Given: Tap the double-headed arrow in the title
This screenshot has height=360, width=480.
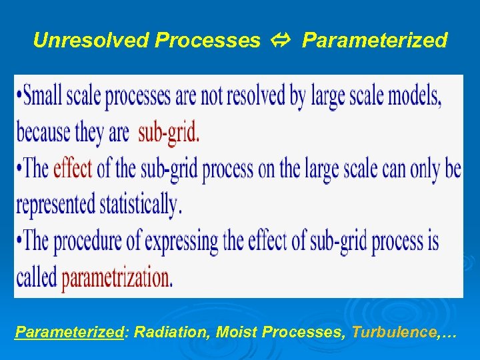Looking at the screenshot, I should coord(281,41).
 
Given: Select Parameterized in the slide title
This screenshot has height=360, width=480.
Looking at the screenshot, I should coord(375,41).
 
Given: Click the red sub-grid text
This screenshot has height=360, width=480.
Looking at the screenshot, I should coord(169,133).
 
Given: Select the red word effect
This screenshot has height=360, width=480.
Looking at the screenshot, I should coord(73,169).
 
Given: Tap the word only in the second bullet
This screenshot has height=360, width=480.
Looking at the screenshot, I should coord(417,169).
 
